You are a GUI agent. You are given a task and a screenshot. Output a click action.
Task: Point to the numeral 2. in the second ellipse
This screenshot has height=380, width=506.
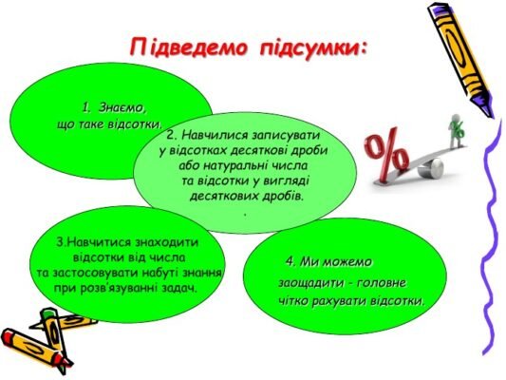175,137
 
